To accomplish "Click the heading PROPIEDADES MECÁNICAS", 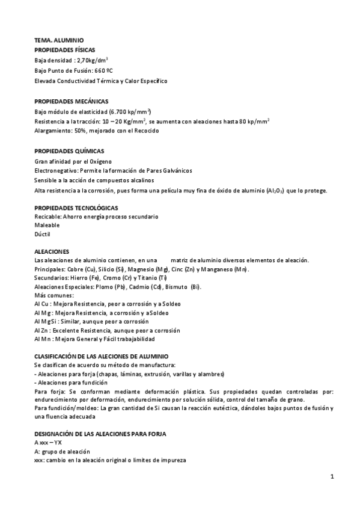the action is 71,101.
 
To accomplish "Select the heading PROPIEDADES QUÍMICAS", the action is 69,151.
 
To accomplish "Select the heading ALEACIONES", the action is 52,250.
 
